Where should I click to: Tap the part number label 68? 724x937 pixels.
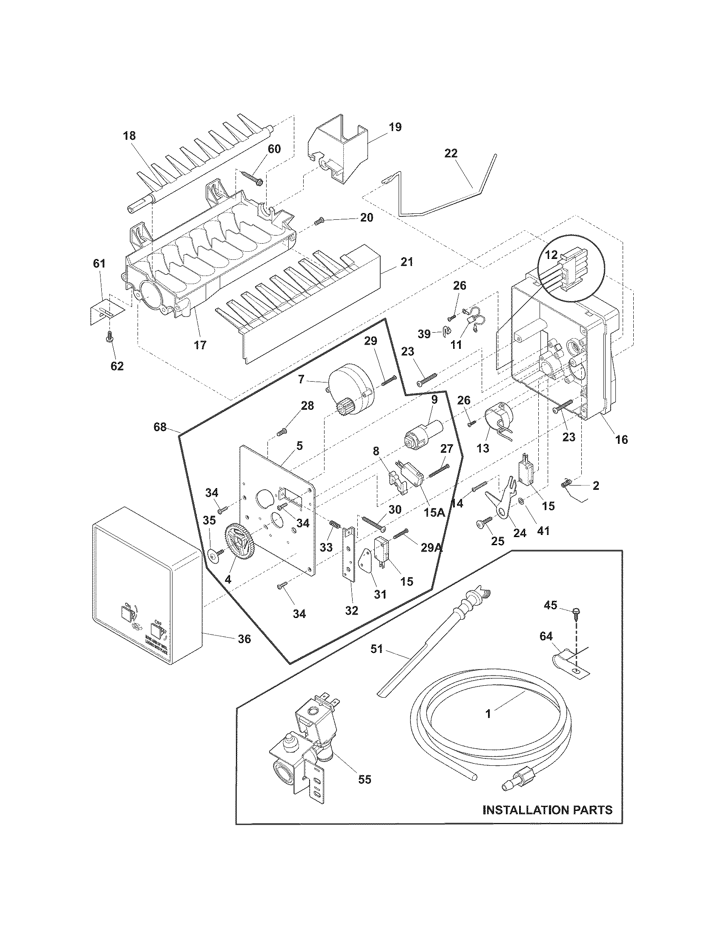pos(160,427)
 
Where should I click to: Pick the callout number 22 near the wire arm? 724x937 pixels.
pos(451,153)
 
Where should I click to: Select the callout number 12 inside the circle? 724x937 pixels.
pos(551,255)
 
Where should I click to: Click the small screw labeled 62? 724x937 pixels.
pos(109,339)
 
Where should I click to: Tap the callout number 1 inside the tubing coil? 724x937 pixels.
pos(488,714)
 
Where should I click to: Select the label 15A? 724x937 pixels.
pos(434,512)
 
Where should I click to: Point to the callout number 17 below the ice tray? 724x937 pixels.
pos(200,345)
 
